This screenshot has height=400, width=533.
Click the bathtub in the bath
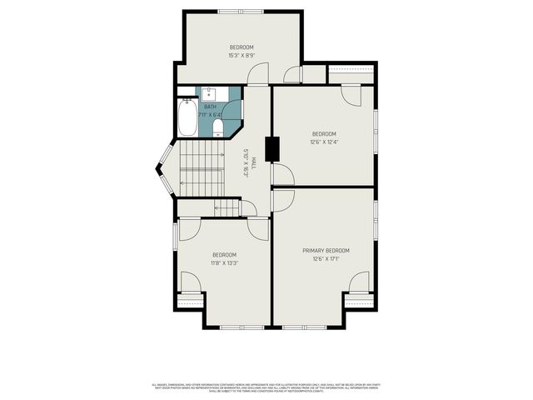187,118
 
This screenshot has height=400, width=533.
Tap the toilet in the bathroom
218,127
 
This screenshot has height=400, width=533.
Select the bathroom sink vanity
208,92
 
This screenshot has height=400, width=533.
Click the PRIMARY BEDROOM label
326,251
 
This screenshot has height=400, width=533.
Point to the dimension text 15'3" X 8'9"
242,56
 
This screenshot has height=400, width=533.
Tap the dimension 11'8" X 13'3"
224,263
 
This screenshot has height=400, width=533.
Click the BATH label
210,107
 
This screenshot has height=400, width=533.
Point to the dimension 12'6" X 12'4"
324,142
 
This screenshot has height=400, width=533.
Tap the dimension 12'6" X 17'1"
326,259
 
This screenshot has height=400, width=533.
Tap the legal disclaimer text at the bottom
266,387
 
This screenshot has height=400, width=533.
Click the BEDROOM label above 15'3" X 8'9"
242,47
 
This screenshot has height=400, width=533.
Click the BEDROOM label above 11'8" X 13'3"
224,254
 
